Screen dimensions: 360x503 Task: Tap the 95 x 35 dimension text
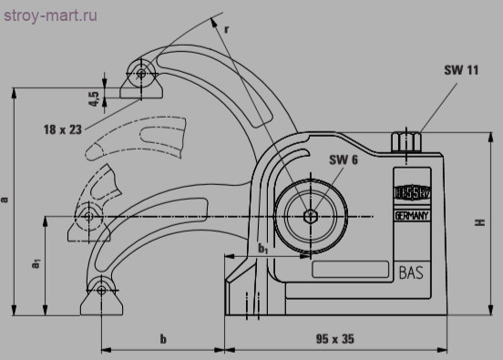(335, 339)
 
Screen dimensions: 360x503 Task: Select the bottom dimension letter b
(163, 339)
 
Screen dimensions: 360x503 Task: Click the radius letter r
(227, 28)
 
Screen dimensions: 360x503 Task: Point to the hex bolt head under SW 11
(404, 143)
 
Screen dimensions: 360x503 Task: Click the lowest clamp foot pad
(100, 294)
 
